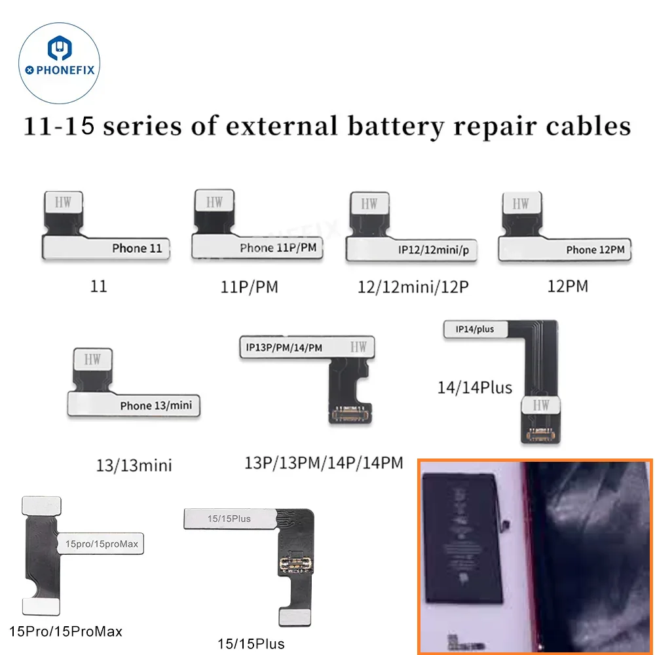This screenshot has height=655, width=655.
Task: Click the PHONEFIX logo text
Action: tap(63, 70)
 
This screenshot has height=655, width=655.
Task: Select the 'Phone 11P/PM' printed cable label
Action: tap(274, 248)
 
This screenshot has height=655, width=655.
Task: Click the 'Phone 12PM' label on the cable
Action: tap(595, 250)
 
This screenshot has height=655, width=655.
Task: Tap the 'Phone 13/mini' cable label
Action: tap(157, 405)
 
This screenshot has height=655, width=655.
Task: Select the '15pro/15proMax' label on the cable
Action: tap(102, 543)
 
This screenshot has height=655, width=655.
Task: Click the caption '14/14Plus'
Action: tap(475, 387)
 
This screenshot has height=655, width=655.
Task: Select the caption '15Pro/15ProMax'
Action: tap(66, 631)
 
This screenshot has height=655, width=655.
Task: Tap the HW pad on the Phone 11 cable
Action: tap(64, 204)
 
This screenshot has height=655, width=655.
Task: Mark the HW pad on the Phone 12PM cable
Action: tap(521, 204)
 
